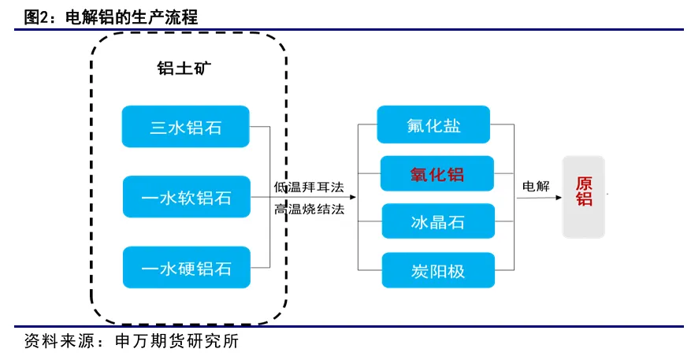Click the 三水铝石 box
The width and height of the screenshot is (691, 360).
(185, 127)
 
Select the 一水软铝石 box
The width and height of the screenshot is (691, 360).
(187, 197)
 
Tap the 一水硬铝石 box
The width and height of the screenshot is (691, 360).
(187, 268)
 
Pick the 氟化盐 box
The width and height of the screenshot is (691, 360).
(433, 124)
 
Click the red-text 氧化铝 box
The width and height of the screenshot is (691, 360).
(437, 173)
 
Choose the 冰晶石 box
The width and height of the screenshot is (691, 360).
(438, 221)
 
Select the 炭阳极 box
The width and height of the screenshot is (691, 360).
(438, 270)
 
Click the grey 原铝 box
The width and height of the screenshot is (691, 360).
(584, 197)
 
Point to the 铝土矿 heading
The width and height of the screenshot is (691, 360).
(184, 69)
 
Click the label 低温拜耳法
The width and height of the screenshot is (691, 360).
(309, 187)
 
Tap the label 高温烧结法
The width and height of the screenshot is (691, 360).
(309, 209)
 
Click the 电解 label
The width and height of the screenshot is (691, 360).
(536, 186)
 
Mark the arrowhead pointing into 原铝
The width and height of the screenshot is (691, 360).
(559, 198)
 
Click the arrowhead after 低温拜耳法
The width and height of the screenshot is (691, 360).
(352, 197)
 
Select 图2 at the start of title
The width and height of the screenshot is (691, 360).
(35, 17)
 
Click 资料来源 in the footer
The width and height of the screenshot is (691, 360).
(58, 341)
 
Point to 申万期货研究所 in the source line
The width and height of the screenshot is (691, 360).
(176, 341)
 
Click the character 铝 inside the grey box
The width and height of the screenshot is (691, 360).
(584, 199)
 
